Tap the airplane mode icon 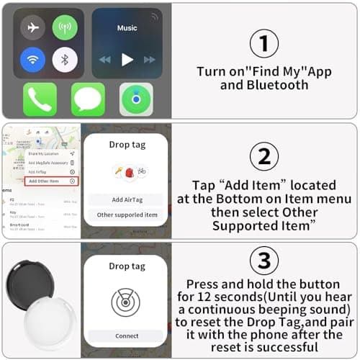tap(32, 27)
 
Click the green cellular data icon tap(65, 27)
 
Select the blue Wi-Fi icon tap(32, 59)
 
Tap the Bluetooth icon tap(65, 59)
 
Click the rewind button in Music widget tap(104, 59)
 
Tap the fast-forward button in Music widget tap(150, 59)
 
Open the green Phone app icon tap(40, 99)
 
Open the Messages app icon tap(88, 99)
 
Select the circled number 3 tap(264, 260)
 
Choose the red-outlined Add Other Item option tap(51, 181)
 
